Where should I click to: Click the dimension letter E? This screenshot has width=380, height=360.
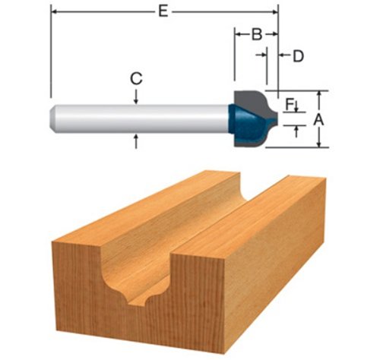coord(163,11)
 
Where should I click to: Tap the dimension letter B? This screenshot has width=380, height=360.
coord(257,34)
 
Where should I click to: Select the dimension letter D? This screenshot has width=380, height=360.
coord(298,56)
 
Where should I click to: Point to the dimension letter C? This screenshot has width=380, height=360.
coord(136,78)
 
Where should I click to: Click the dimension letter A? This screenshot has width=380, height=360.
coord(318,119)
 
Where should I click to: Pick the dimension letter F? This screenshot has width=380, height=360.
coord(289,104)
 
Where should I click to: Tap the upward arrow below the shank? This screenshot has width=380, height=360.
coord(136,141)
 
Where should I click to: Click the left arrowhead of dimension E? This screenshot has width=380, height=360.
coord(54,11)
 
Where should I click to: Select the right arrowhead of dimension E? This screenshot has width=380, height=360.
coord(275,11)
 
